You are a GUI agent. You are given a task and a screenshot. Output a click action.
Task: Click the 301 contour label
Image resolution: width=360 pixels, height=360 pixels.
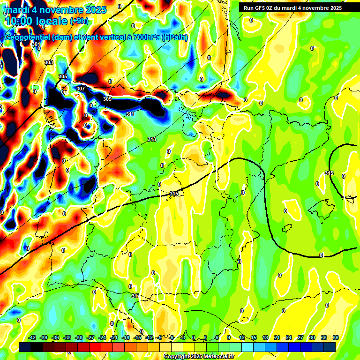point(36,44)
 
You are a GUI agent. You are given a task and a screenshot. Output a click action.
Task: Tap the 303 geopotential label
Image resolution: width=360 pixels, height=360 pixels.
point(48,62)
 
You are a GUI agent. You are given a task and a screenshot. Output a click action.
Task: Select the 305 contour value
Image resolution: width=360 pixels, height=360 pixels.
point(63,76)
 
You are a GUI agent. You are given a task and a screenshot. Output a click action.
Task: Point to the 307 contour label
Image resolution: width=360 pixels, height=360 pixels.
point(81,89)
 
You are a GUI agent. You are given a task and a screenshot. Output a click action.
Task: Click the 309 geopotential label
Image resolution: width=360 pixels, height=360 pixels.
point(107,99)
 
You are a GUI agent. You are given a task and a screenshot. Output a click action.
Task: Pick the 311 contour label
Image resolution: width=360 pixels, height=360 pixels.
point(130,114)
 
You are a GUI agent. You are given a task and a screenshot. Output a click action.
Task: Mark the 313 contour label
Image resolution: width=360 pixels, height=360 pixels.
point(152,139)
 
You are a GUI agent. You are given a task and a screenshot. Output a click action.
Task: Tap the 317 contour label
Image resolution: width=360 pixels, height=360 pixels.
point(135,296)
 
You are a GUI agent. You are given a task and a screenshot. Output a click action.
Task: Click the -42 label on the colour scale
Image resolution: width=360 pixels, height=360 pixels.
point(32,337)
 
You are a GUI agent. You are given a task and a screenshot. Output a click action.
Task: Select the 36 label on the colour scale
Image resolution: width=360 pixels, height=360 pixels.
point(336,337)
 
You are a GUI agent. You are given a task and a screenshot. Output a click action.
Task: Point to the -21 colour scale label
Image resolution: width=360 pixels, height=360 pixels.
point(114,337)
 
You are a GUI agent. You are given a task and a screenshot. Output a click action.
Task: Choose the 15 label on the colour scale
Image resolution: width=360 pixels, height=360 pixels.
point(254,337)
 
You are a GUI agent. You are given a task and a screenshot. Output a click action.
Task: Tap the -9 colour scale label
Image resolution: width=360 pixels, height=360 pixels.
point(160,337)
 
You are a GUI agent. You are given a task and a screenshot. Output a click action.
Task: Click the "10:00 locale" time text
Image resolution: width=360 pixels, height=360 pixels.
point(37,21)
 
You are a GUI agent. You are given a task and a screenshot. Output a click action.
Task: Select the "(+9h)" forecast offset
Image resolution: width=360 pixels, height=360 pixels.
point(79,21)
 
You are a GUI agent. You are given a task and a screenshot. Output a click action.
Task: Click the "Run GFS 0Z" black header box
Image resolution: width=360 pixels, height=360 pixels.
point(292,7)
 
